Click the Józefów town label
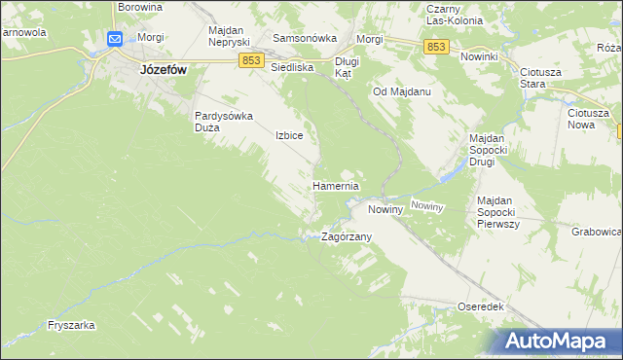149,70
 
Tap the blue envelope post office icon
115,39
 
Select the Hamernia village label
336,185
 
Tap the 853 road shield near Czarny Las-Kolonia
436,47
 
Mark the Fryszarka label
70,326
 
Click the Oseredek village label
480,306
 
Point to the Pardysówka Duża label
224,121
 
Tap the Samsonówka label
305,38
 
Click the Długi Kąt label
347,67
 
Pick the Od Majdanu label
402,91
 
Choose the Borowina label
139,6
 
